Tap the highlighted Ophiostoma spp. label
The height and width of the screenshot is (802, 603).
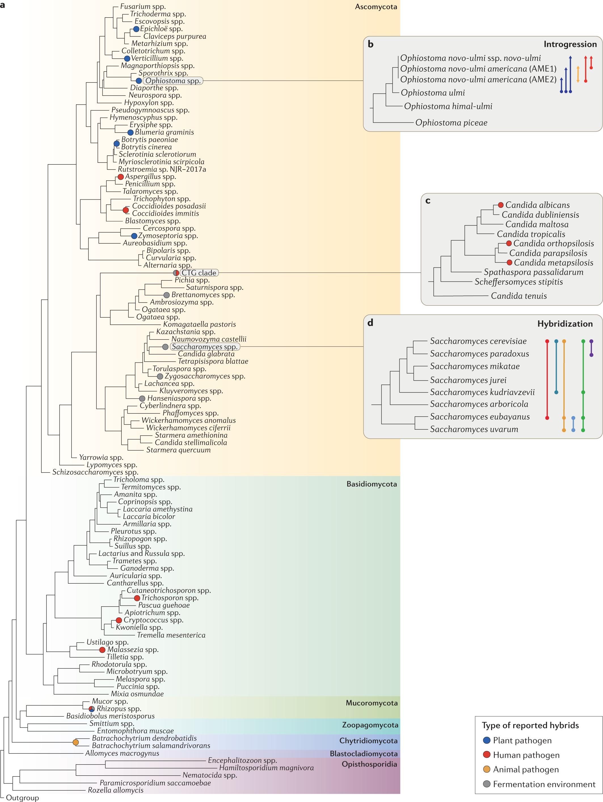click(x=173, y=81)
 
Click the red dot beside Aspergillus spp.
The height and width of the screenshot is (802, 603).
click(x=121, y=177)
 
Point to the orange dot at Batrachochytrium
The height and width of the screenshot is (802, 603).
click(x=76, y=742)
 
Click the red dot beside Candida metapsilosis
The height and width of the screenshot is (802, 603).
click(x=509, y=263)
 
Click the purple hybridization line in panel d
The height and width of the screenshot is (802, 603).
click(x=591, y=348)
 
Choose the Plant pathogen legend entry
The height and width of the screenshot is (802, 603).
click(x=522, y=740)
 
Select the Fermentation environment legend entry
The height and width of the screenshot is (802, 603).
click(x=544, y=784)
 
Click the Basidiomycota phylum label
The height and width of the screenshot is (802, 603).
click(x=371, y=484)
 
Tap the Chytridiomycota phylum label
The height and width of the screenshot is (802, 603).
click(x=368, y=741)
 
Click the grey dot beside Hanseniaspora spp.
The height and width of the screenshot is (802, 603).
click(x=142, y=398)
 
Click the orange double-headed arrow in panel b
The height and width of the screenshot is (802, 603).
click(x=578, y=74)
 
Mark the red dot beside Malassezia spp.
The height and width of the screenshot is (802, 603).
click(x=102, y=650)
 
